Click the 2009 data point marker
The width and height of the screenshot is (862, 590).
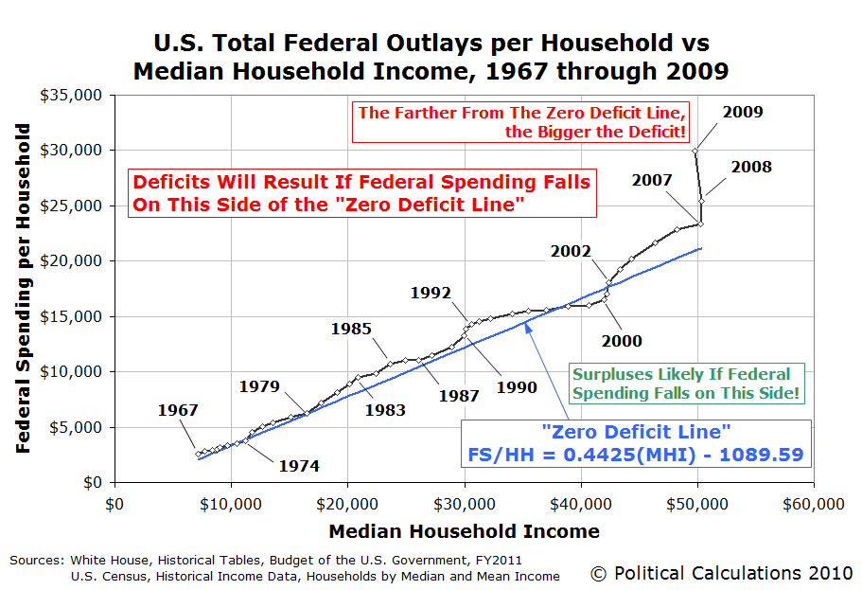(x=695, y=151)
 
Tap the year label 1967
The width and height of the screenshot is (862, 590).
(x=178, y=410)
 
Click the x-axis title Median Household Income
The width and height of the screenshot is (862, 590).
(x=464, y=531)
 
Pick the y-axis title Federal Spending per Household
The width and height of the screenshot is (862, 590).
(x=25, y=288)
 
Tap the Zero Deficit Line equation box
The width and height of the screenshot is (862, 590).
(x=635, y=443)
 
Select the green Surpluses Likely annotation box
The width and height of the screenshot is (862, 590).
(x=679, y=383)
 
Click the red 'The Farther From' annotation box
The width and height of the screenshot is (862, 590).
(x=521, y=122)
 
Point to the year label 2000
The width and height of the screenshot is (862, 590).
(x=622, y=341)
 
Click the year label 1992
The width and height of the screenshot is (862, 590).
(x=431, y=293)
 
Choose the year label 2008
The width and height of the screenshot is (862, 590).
(x=751, y=168)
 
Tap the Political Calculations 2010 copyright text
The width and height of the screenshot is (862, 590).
(x=721, y=573)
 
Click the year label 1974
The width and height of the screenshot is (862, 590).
(x=299, y=466)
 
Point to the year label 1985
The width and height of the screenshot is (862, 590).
(x=351, y=329)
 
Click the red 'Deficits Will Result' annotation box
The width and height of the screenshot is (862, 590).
(x=361, y=193)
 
